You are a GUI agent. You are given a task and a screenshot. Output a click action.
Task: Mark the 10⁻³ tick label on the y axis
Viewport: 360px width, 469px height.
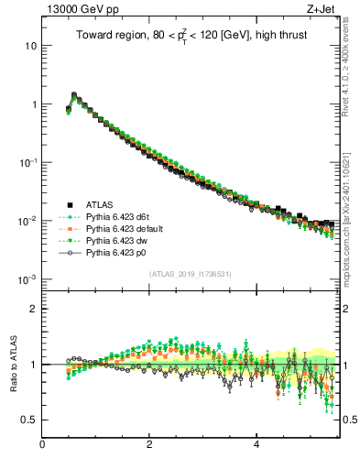[x=27, y=278]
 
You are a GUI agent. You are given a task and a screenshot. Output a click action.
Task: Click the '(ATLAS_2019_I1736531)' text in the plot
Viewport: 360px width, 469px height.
[x=190, y=273]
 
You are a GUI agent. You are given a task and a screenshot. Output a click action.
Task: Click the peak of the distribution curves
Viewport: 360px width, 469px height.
[x=73, y=94]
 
